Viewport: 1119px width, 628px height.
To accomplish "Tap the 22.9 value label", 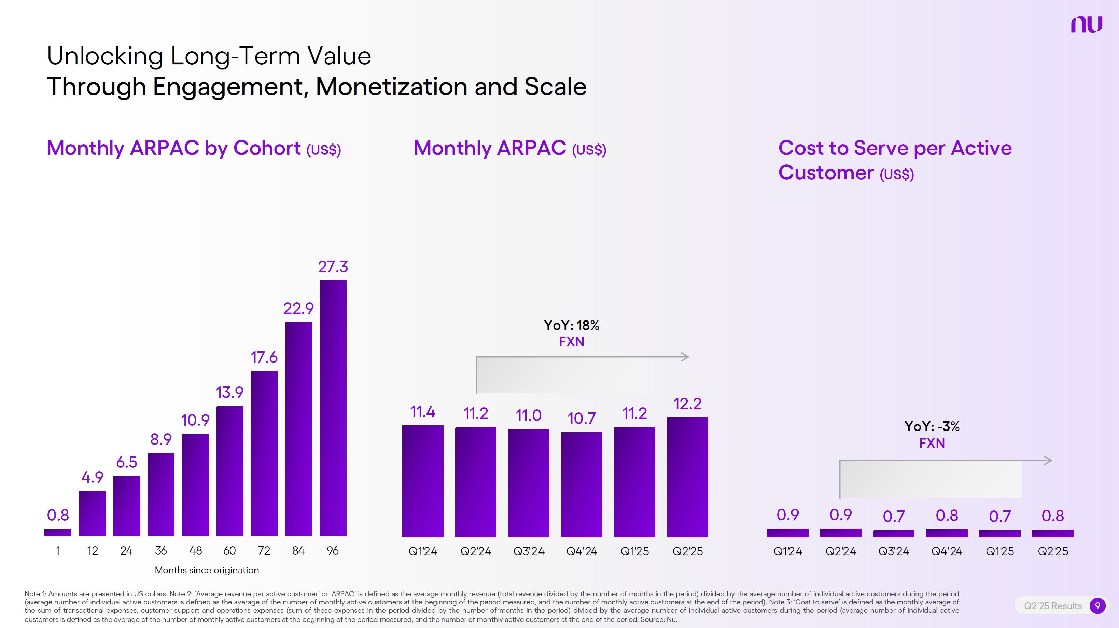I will [x=298, y=309].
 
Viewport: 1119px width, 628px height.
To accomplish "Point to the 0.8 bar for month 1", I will [x=58, y=532].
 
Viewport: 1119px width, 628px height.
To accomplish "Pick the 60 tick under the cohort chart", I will [x=229, y=551].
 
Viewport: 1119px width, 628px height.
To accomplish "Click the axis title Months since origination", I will [x=207, y=570].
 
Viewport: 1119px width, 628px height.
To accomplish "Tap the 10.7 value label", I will [x=581, y=419].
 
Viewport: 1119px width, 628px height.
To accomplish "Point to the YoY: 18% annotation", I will [x=571, y=326].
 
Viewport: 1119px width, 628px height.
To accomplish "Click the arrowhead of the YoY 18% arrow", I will [x=685, y=357].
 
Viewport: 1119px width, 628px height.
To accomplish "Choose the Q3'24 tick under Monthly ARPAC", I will [x=529, y=551].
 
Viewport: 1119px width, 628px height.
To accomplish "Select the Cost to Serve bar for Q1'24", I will [x=787, y=533].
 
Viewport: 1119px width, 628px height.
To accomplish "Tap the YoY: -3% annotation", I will [x=932, y=426].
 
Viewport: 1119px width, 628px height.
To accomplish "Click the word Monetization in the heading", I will [x=391, y=86].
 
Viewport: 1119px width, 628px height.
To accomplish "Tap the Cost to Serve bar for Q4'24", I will [x=947, y=533].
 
